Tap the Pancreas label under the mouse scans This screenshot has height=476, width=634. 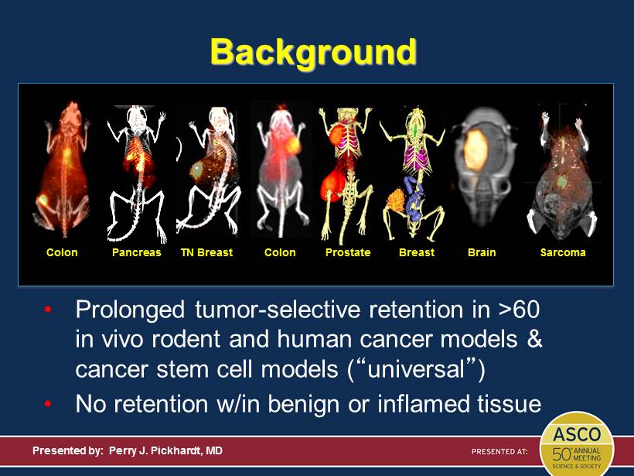136,252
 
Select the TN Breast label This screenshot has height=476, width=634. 206,252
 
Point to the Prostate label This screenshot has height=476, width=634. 348,252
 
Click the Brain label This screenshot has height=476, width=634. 482,252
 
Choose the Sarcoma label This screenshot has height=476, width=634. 563,252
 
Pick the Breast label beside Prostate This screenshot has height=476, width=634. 417,252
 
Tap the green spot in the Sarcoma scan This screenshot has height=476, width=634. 561,181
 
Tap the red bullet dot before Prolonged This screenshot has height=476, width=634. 48,310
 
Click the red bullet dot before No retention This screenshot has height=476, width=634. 48,403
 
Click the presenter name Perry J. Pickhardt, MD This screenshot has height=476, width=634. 165,450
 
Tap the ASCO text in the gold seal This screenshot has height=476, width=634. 577,435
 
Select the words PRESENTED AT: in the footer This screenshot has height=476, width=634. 499,451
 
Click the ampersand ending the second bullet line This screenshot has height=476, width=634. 534,339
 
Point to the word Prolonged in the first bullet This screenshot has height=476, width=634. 130,310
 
